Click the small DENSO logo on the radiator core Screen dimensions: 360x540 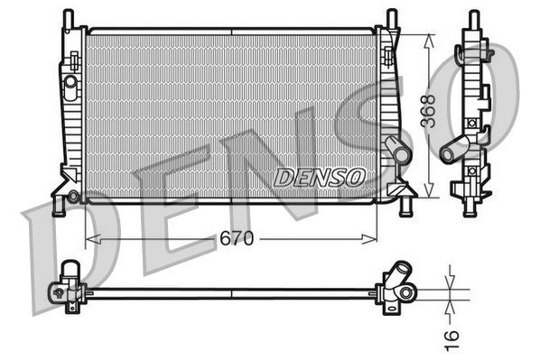click(x=319, y=178)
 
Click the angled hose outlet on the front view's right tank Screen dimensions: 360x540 click(x=395, y=149)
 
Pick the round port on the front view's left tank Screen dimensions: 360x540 click(x=70, y=82)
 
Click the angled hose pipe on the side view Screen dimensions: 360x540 click(x=454, y=147)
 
